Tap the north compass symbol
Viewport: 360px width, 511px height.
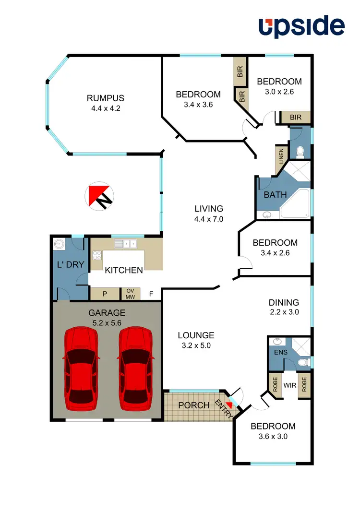click(99, 196)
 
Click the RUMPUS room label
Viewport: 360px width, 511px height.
click(105, 98)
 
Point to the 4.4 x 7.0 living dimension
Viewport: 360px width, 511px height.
click(209, 219)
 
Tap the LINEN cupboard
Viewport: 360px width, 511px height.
click(281, 156)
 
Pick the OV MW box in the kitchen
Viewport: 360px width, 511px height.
click(130, 294)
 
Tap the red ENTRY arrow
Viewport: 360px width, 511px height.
click(229, 405)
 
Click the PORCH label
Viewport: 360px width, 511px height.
click(194, 405)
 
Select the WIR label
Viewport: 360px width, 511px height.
click(289, 385)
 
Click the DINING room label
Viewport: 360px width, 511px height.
click(284, 302)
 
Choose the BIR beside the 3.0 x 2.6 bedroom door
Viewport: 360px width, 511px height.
click(296, 117)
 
